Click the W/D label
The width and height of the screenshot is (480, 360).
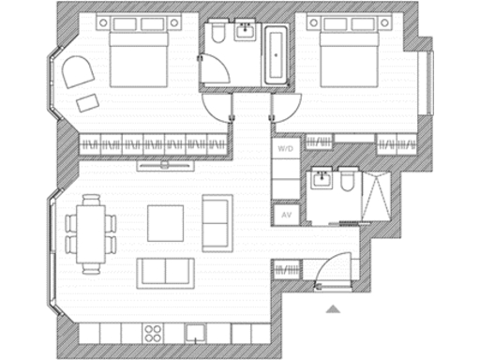tap(284, 148)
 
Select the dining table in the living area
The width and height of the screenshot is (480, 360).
tap(91, 232)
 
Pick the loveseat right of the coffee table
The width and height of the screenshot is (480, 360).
tap(217, 222)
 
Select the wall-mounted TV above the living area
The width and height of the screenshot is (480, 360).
tap(166, 166)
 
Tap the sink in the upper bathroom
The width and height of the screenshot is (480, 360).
tap(246, 33)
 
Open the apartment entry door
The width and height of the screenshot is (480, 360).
tap(331, 275)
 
